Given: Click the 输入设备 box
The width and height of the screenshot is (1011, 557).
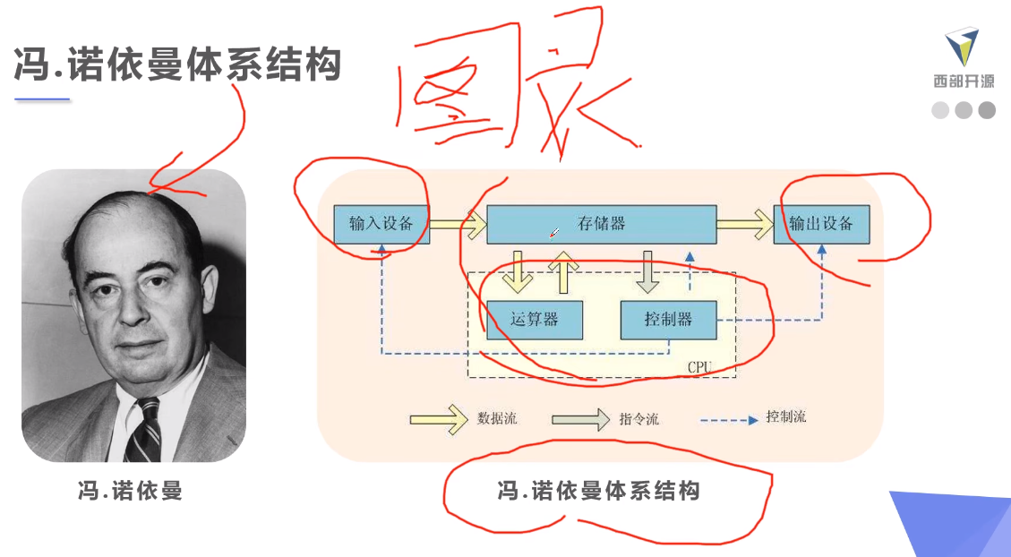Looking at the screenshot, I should pyautogui.click(x=381, y=224).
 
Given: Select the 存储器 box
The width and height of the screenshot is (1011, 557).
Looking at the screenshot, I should pyautogui.click(x=601, y=224).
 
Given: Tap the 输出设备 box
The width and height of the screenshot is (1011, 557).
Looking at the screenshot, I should pyautogui.click(x=821, y=224).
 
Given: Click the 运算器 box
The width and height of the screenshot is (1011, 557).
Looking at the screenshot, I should pyautogui.click(x=535, y=320).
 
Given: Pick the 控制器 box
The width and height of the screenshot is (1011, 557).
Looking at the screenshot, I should pyautogui.click(x=668, y=320).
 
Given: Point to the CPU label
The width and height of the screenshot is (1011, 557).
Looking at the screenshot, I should pyautogui.click(x=699, y=367).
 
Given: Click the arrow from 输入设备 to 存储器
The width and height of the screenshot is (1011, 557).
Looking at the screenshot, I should pyautogui.click(x=458, y=225).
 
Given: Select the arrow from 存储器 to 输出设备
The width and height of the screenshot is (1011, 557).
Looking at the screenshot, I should pyautogui.click(x=744, y=224).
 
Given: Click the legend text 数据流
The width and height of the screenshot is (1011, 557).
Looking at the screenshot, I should pyautogui.click(x=497, y=418).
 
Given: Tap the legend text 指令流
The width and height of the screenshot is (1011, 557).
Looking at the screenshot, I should pyautogui.click(x=638, y=418).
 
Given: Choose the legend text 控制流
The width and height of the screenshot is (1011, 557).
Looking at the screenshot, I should pyautogui.click(x=786, y=417).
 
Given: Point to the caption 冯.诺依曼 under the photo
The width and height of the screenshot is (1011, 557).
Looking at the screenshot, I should pyautogui.click(x=130, y=491).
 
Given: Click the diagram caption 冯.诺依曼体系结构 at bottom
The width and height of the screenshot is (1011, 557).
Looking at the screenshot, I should pyautogui.click(x=598, y=491).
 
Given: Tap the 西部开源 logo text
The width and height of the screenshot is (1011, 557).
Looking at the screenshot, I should pyautogui.click(x=964, y=81).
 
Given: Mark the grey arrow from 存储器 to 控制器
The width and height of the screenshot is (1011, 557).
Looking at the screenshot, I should pyautogui.click(x=647, y=273).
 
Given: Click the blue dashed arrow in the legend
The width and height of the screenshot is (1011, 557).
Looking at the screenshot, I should pyautogui.click(x=729, y=419).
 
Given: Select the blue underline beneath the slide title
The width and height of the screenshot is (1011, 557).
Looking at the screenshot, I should pyautogui.click(x=42, y=99).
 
